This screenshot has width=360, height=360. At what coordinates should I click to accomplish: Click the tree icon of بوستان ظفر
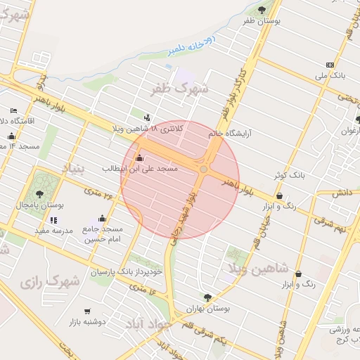tap(262, 10)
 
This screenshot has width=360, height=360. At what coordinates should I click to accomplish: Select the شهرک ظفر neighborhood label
tap(180, 89)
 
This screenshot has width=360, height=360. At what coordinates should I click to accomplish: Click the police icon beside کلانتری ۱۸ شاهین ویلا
tap(146, 117)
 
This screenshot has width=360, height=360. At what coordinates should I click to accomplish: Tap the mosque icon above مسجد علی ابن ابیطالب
tap(140, 157)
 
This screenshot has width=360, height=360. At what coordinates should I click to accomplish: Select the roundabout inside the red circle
tap(204, 169)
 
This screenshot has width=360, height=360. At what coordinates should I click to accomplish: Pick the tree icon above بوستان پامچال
tap(39, 193)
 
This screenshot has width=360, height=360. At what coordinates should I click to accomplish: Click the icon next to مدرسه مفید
tap(54, 220)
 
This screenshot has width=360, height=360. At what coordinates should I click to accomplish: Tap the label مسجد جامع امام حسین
tap(103, 234)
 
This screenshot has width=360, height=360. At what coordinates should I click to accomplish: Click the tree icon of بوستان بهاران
tap(207, 297)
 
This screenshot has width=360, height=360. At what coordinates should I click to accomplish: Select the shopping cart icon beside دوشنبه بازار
tap(87, 311)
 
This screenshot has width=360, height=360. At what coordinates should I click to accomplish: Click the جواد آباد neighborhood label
tap(149, 324)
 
